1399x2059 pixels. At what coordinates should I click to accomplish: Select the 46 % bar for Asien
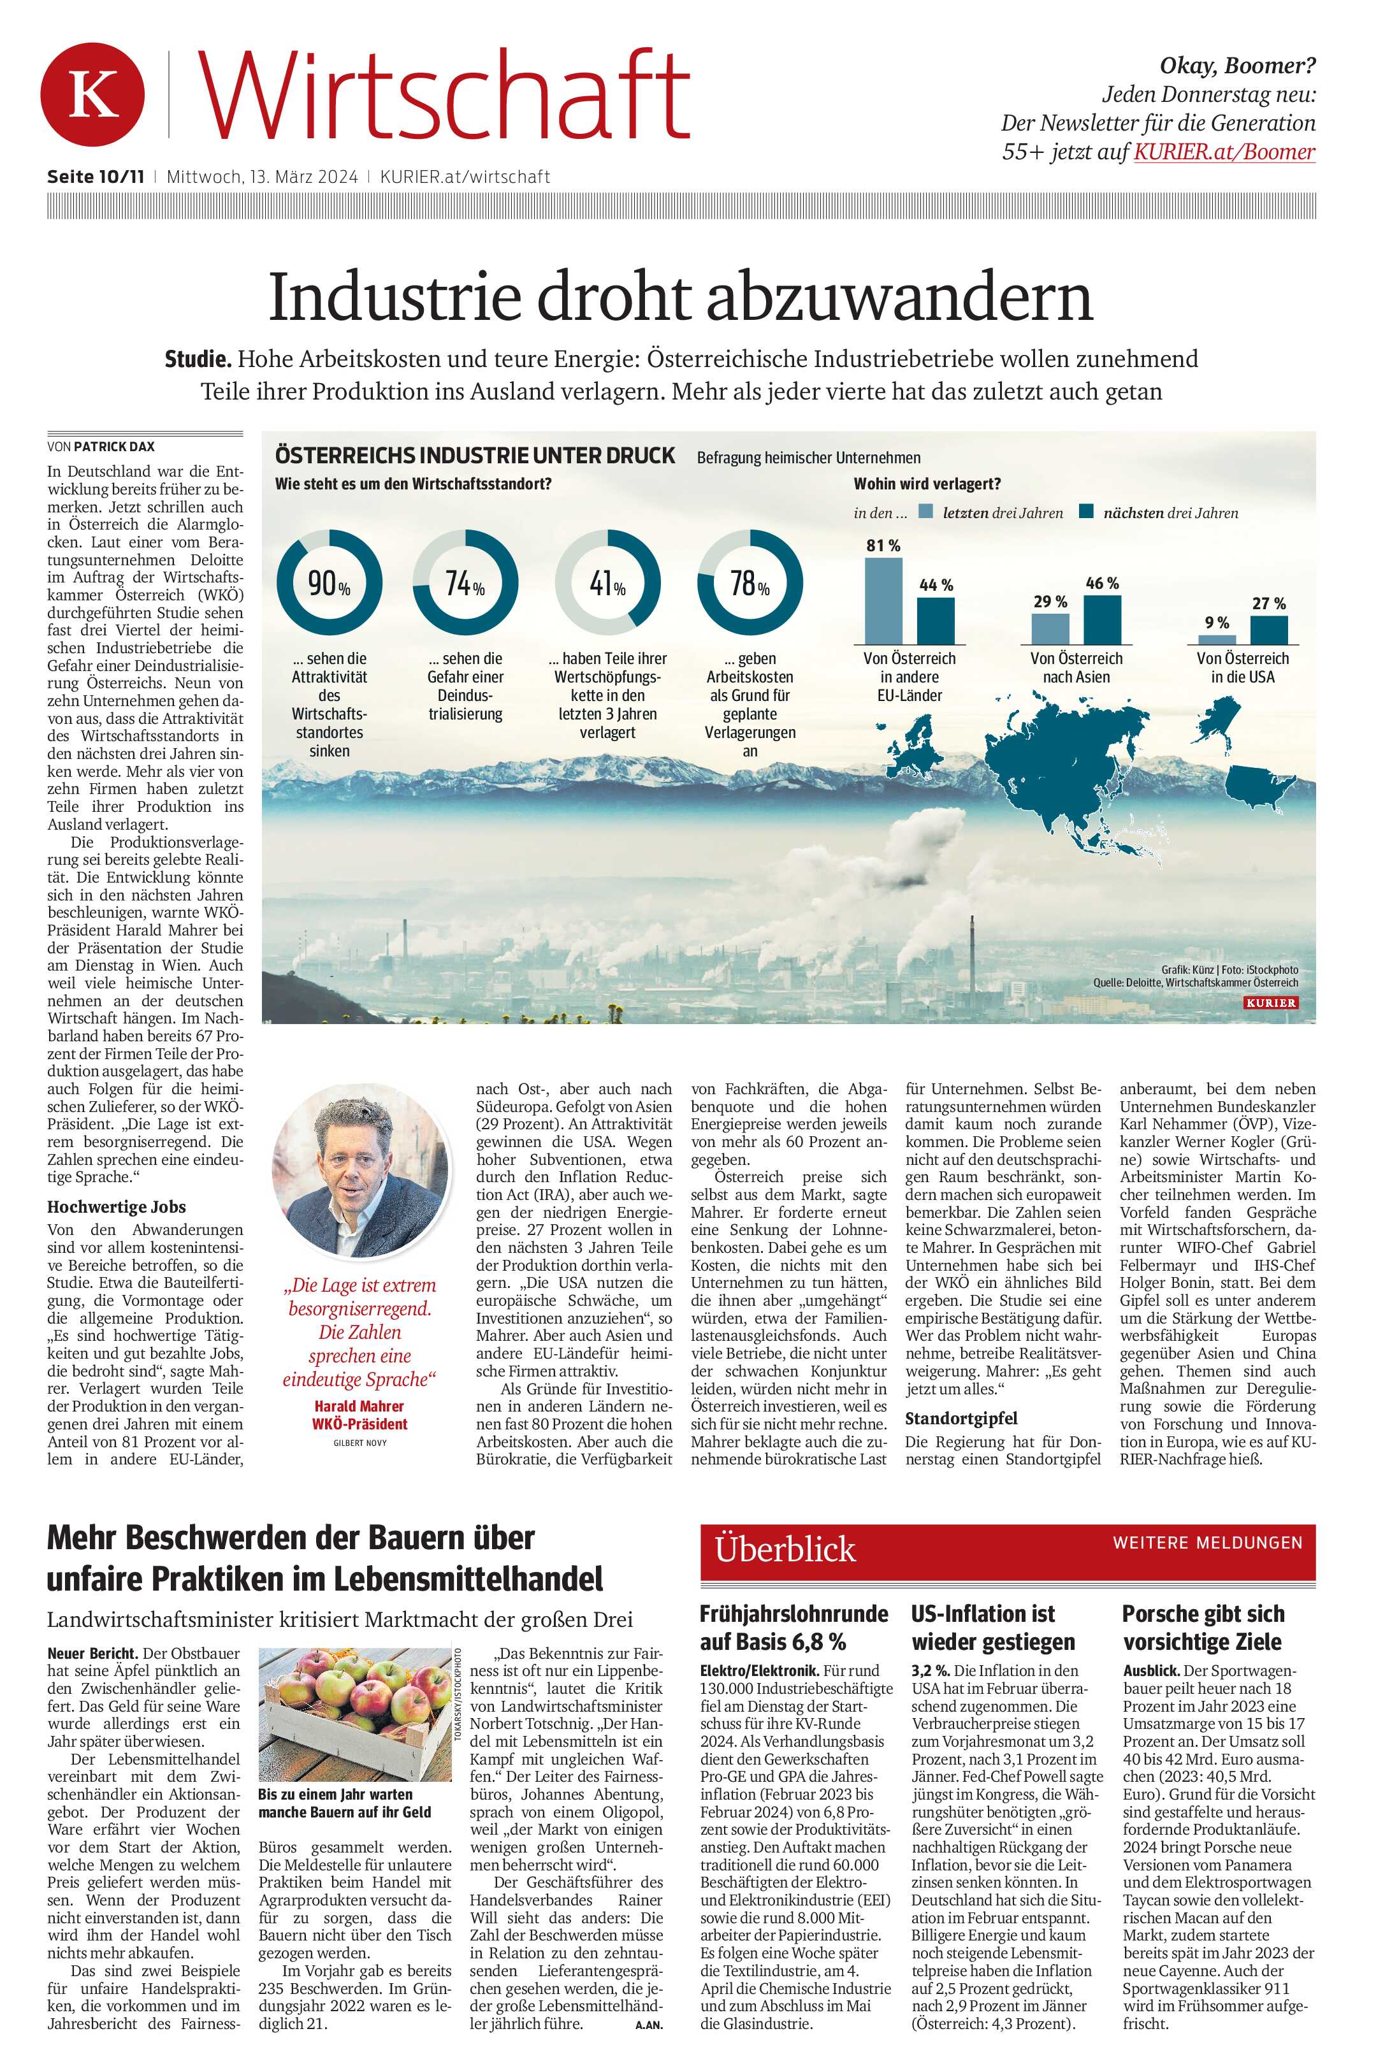[1101, 619]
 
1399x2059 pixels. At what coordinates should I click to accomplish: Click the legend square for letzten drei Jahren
[926, 511]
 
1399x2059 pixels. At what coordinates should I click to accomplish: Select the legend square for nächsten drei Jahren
[1086, 511]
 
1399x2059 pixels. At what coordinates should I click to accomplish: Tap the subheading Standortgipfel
[960, 1419]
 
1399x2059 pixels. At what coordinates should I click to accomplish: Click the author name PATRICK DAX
[113, 447]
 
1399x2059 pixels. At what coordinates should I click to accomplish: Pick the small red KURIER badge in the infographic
[1270, 1003]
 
